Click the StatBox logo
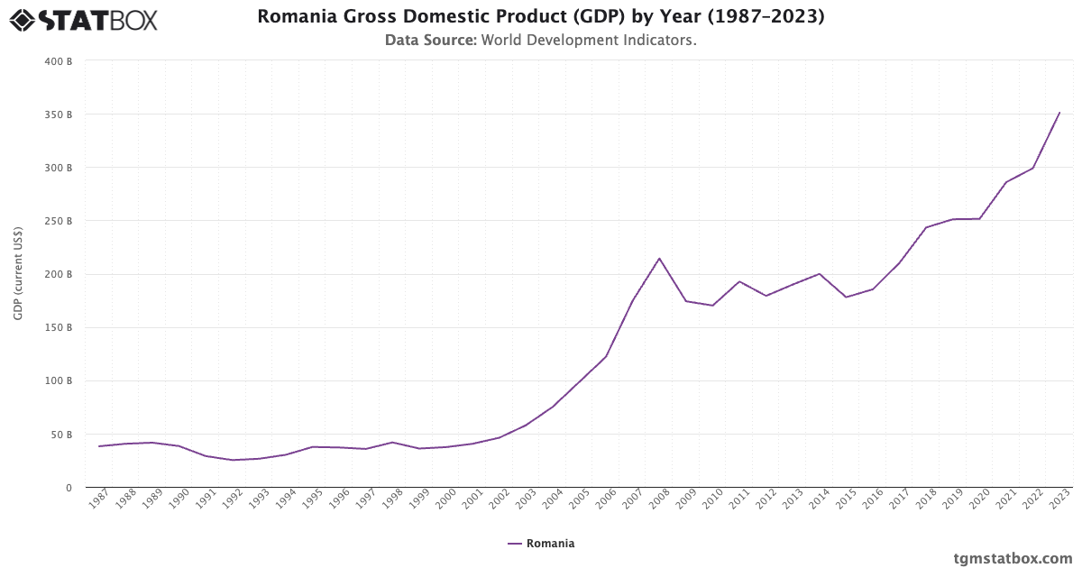83,19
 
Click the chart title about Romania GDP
540,16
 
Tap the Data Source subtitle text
540,40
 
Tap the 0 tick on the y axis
68,488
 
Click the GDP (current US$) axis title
18,272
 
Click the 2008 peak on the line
659,259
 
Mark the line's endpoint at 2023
1059,113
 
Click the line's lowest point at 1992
233,460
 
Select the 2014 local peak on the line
820,273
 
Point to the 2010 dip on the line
712,306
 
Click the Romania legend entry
541,544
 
